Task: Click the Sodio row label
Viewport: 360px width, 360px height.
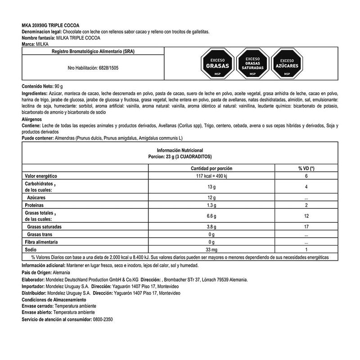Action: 30,249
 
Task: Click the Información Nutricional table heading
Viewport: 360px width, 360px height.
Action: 180,150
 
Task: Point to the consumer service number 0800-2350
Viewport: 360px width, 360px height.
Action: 108,319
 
